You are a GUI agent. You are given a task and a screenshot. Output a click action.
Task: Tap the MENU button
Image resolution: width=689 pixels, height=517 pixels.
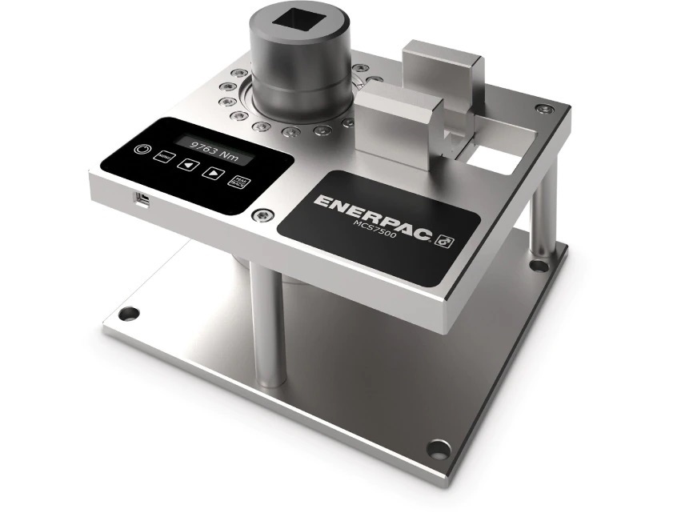tap(165, 158)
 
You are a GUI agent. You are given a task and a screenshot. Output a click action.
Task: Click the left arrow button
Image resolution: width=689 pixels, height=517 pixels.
tap(188, 166)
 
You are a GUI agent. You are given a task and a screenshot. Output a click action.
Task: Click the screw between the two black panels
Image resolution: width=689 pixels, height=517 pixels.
tap(260, 214)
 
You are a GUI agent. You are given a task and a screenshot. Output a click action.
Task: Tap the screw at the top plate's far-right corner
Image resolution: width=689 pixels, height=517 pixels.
tap(544, 109)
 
